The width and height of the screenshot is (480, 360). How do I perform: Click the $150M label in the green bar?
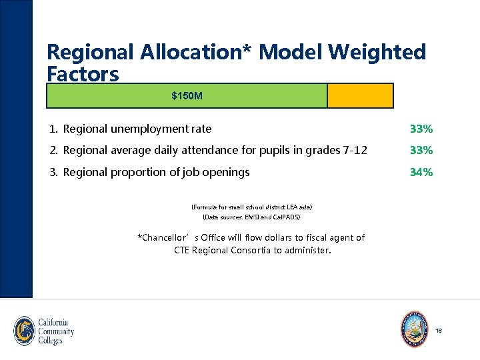tap(187, 97)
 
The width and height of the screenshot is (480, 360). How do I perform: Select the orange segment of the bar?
tap(360, 96)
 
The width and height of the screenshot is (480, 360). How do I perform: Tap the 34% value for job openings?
tap(421, 172)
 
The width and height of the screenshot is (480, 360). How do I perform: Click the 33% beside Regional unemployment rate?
tap(421, 129)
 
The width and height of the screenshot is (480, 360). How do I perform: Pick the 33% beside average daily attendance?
tap(421, 150)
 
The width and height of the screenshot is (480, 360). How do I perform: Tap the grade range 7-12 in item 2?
tap(353, 150)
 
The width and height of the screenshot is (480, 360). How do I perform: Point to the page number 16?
tap(438, 331)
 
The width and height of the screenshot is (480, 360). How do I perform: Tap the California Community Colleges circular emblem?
tap(25, 331)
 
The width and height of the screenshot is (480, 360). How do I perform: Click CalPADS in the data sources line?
tap(289, 217)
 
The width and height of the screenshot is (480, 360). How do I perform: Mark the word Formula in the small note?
tap(205, 208)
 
